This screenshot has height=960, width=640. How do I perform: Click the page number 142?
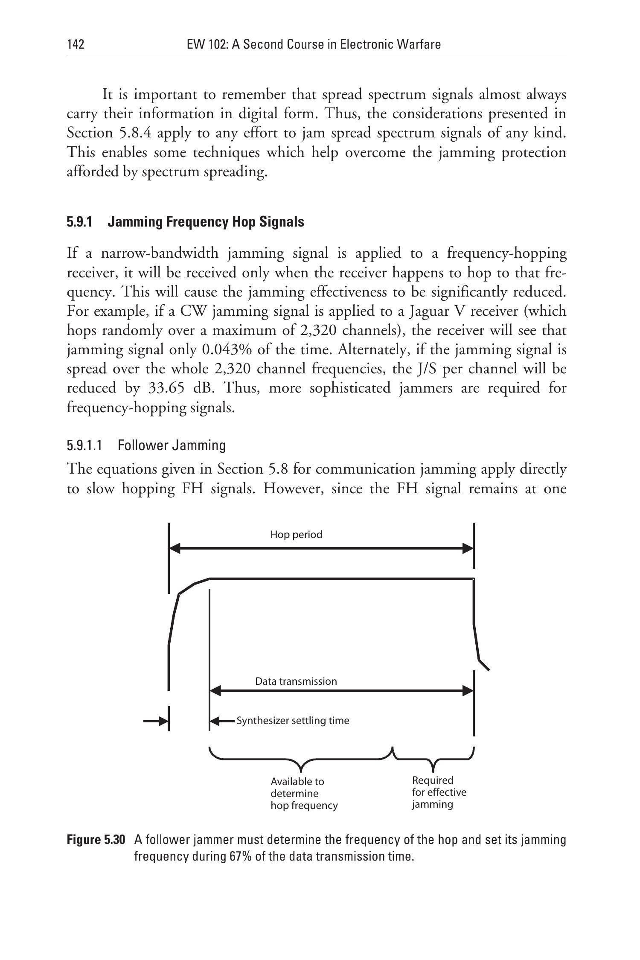(76, 44)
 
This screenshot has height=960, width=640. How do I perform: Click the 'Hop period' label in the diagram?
(296, 535)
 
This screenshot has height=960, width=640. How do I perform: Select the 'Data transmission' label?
(296, 681)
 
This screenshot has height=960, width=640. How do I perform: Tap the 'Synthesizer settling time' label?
(293, 721)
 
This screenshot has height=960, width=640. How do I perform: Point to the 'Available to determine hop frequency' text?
(304, 794)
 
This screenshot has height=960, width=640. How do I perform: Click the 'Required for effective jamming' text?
(439, 792)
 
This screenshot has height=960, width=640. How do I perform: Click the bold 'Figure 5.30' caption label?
(96, 840)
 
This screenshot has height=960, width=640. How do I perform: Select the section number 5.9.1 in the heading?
(79, 222)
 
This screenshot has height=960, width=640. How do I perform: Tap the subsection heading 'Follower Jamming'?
(172, 445)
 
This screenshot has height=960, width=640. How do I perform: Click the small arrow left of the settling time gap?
(155, 721)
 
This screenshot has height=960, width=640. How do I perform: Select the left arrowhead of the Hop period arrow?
(175, 549)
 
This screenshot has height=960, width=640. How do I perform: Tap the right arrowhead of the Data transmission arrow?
(468, 691)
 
